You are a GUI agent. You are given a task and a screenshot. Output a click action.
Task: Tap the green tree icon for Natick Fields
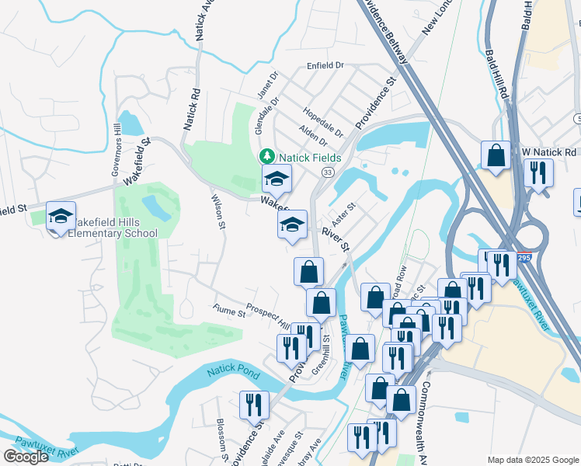[x=267, y=156]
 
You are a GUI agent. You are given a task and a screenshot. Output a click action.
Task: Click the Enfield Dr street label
[x=325, y=66]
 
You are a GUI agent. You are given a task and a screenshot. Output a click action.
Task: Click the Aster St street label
[x=343, y=210]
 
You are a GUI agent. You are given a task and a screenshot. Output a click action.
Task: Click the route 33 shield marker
[x=328, y=171]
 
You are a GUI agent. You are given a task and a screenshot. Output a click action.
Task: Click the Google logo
[x=26, y=457]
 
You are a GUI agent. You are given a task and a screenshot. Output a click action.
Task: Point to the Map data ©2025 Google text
[x=532, y=460]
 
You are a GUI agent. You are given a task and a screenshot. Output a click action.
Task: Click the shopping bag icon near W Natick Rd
[x=496, y=155]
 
